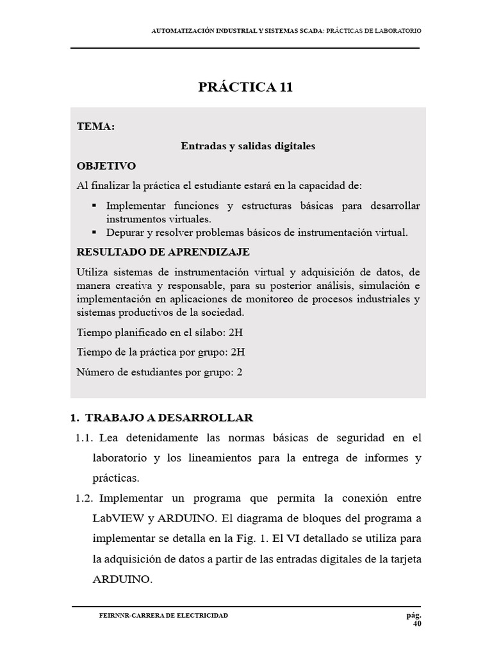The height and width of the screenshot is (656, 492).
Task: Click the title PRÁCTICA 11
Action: (245, 88)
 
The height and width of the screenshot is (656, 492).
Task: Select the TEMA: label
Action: (95, 127)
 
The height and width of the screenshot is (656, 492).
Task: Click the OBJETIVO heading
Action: (106, 165)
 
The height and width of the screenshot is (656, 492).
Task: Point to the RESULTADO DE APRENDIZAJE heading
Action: (163, 252)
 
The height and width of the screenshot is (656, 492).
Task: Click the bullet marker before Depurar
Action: (94, 232)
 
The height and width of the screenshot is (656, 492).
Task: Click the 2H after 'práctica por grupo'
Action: (238, 352)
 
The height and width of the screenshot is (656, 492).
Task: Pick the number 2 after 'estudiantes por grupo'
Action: (240, 372)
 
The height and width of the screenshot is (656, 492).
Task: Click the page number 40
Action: (417, 624)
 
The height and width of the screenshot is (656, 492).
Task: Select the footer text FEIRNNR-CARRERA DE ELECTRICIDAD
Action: (163, 616)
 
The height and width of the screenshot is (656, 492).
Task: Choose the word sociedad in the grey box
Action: (222, 313)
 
